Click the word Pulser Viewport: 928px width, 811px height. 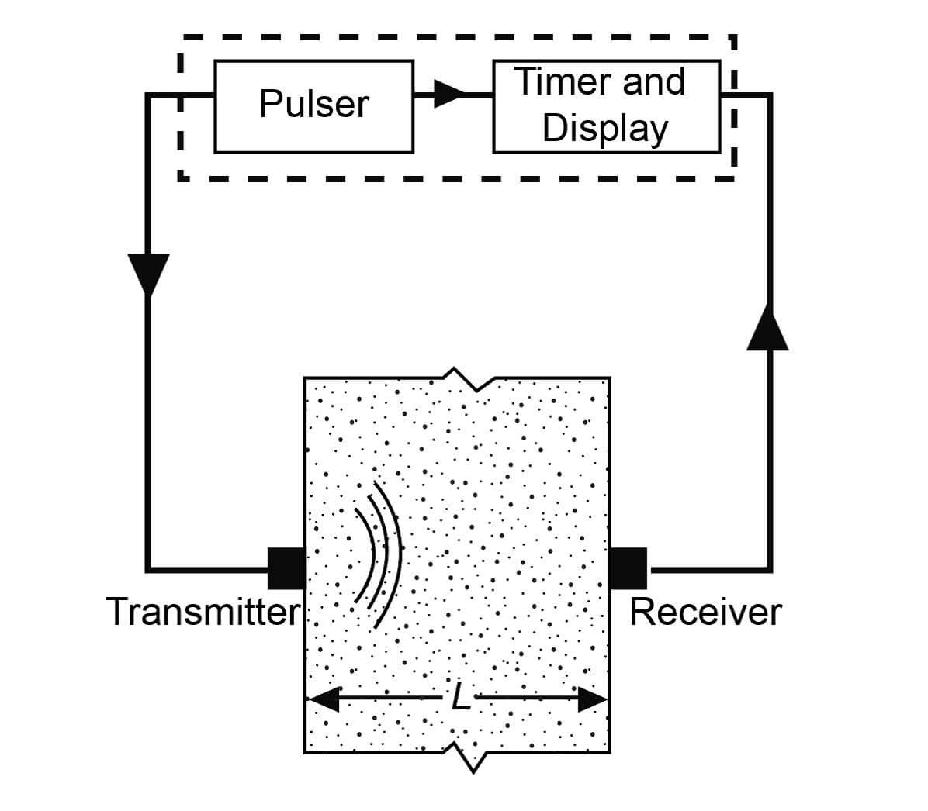click(x=313, y=105)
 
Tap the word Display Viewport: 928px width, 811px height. click(x=604, y=129)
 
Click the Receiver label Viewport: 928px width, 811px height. click(x=705, y=612)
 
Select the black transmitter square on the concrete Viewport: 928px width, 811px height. click(x=286, y=568)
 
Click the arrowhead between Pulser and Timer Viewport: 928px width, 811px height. click(x=448, y=95)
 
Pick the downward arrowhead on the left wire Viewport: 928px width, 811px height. click(x=147, y=273)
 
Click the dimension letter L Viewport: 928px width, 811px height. click(x=460, y=700)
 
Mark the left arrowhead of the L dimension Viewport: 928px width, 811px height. click(x=324, y=699)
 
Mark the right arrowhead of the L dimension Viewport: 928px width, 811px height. click(x=593, y=699)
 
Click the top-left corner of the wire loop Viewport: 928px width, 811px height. click(x=147, y=95)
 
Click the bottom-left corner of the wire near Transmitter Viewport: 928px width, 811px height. click(x=147, y=569)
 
